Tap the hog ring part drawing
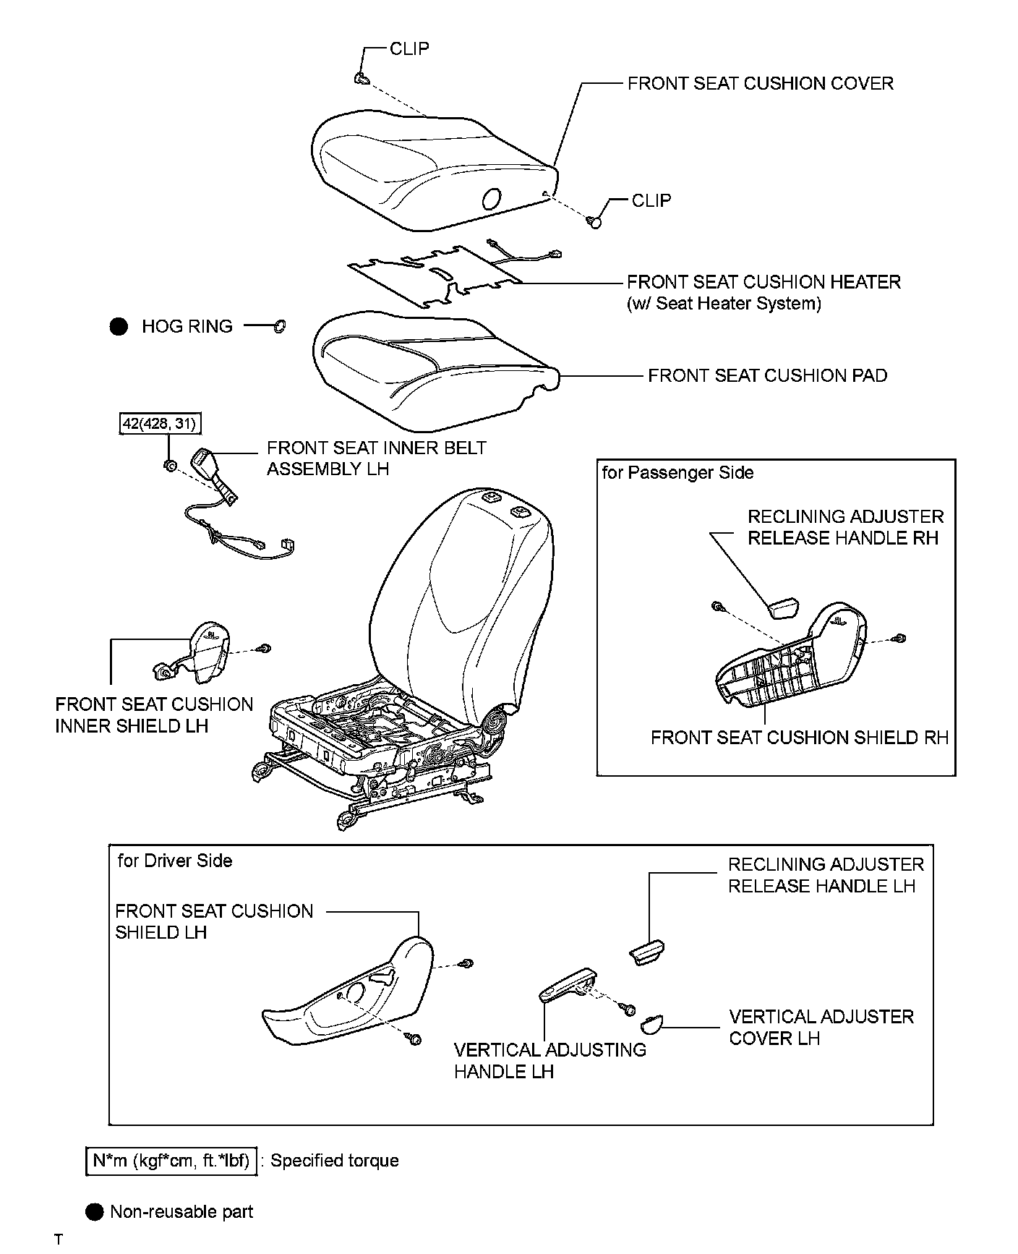(x=279, y=327)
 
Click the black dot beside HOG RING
(x=119, y=327)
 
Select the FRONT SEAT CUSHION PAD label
(x=767, y=375)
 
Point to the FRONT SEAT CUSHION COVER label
(x=760, y=83)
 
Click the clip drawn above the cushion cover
(x=362, y=79)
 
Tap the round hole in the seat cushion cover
(x=491, y=197)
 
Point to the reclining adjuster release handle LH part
(x=647, y=952)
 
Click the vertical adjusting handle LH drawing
(x=569, y=985)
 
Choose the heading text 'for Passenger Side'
(x=677, y=473)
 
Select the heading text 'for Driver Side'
(x=175, y=861)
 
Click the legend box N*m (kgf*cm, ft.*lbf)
(x=171, y=1161)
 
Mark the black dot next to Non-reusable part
(x=95, y=1212)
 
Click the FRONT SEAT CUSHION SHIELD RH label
(x=799, y=738)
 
